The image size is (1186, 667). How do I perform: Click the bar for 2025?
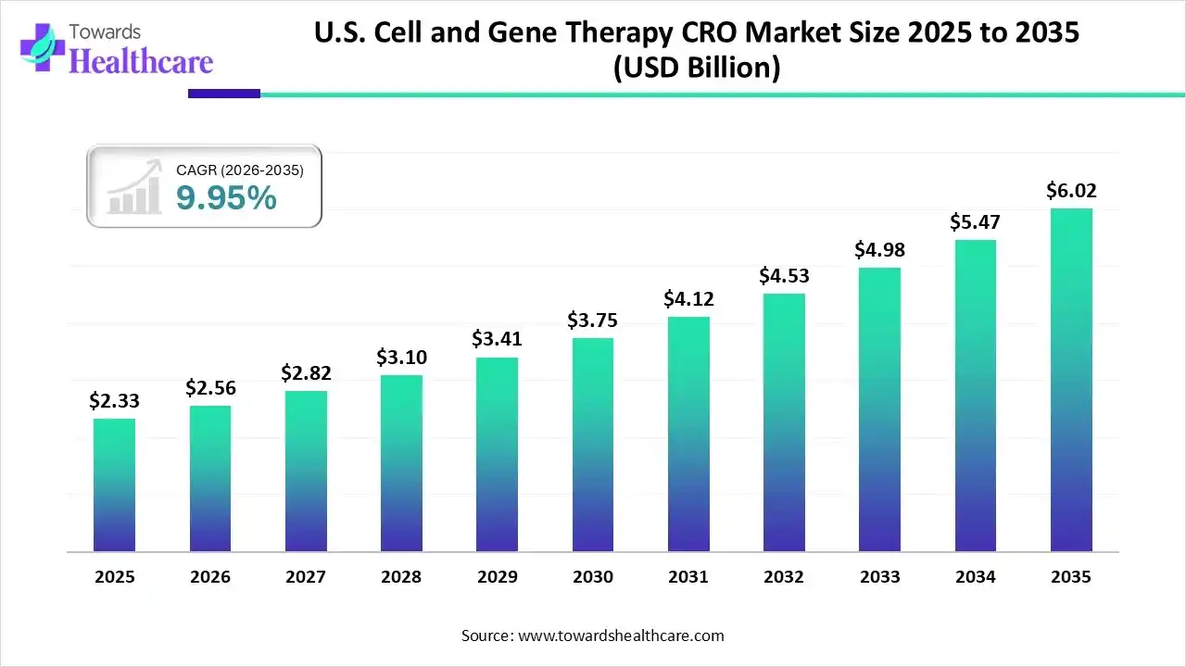coord(114,485)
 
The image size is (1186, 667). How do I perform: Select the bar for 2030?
coord(593,445)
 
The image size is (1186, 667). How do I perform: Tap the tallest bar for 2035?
coord(1071,380)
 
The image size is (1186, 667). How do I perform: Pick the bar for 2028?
coord(401,463)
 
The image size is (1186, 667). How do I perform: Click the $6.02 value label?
coord(1071,191)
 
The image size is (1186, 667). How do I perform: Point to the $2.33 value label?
coord(113,400)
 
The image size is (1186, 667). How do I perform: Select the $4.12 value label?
coord(688,299)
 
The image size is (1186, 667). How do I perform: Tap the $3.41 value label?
coord(497,339)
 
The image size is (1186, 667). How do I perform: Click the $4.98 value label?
coord(879,250)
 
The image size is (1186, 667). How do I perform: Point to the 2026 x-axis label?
coord(210,577)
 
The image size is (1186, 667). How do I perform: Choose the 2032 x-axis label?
coord(784,577)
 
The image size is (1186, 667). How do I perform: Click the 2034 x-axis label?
coord(976,577)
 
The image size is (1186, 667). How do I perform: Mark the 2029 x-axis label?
coord(497,577)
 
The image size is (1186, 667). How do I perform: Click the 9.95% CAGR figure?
coord(226,197)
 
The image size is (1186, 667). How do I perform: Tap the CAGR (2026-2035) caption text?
coord(239,170)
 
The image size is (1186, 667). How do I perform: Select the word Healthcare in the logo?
coord(141,61)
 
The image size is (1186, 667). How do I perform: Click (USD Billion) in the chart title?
coord(697,68)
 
